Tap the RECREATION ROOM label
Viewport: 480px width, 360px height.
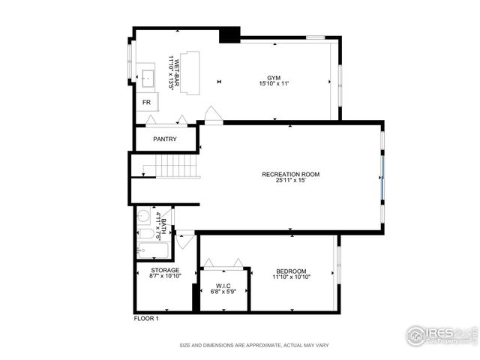pyautogui.click(x=290, y=174)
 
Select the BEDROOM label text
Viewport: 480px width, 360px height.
pyautogui.click(x=290, y=271)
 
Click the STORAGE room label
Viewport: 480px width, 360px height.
pyautogui.click(x=165, y=270)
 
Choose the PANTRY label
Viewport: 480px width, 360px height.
pyautogui.click(x=164, y=139)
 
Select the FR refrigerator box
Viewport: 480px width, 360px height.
pyautogui.click(x=147, y=102)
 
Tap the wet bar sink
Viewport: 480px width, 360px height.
pyautogui.click(x=148, y=76)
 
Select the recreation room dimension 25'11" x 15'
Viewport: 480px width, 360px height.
pyautogui.click(x=290, y=181)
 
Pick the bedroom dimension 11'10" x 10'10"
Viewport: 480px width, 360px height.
pyautogui.click(x=290, y=277)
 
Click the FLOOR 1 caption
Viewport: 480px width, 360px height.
pyautogui.click(x=146, y=319)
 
